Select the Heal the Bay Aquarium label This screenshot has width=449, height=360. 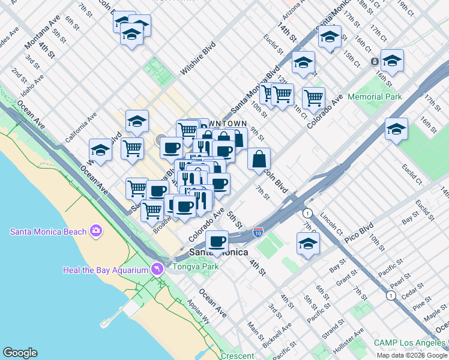click(x=105, y=270)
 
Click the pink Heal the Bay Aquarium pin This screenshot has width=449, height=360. click(x=157, y=269)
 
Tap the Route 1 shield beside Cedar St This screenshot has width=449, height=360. click(x=390, y=295)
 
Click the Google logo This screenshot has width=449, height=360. click(x=20, y=353)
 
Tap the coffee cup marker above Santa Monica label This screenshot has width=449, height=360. click(x=217, y=241)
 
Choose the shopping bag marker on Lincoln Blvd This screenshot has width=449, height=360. click(x=259, y=159)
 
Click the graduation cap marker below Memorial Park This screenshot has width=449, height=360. click(x=396, y=129)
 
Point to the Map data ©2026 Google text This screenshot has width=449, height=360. click(x=411, y=355)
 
